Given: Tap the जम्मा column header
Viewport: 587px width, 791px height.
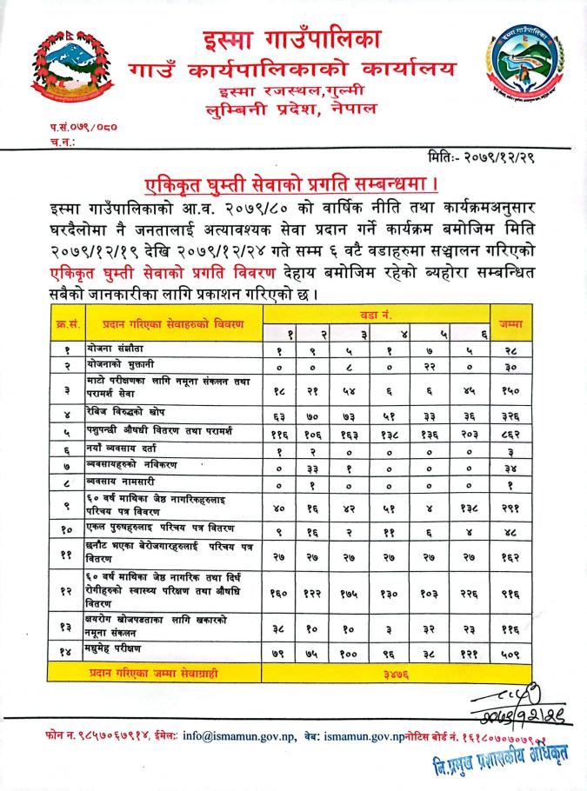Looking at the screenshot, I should tap(510, 323).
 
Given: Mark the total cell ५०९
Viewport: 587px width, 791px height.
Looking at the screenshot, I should tap(510, 655).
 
